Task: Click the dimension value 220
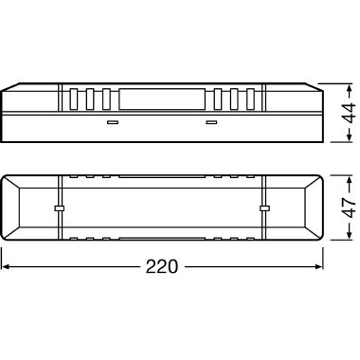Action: click(162, 267)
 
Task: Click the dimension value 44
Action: click(349, 113)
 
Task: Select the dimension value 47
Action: click(349, 208)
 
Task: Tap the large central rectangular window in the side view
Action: click(162, 99)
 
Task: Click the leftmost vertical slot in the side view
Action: click(74, 99)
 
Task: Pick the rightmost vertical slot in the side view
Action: click(250, 99)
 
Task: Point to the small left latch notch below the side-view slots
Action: click(113, 122)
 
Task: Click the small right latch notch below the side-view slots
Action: click(211, 122)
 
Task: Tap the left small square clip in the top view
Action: click(59, 208)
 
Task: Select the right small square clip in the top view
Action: click(264, 208)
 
